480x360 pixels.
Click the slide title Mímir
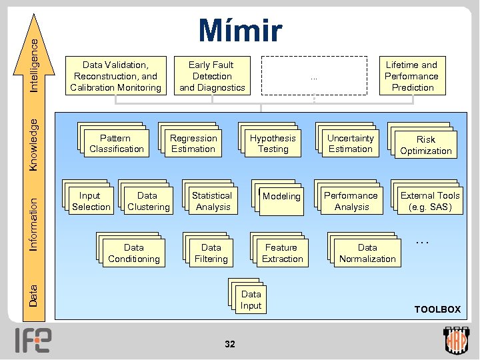[240, 31]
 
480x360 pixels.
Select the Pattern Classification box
[117, 143]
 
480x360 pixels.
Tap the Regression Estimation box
[193, 143]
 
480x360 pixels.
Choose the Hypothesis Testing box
[273, 143]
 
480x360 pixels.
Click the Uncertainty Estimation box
[351, 143]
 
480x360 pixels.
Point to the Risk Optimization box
[426, 145]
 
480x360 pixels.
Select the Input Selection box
[91, 201]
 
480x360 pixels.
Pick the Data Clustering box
[148, 201]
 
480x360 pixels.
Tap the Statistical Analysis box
[211, 201]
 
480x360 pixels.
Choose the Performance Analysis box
[351, 201]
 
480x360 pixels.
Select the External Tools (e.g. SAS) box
[430, 201]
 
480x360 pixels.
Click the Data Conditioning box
[134, 253]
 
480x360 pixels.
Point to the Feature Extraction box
[282, 253]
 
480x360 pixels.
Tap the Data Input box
[251, 300]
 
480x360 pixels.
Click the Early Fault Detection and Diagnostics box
[211, 76]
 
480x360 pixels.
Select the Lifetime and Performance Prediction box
[413, 76]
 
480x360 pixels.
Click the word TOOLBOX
[437, 309]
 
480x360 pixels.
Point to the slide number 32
[230, 344]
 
